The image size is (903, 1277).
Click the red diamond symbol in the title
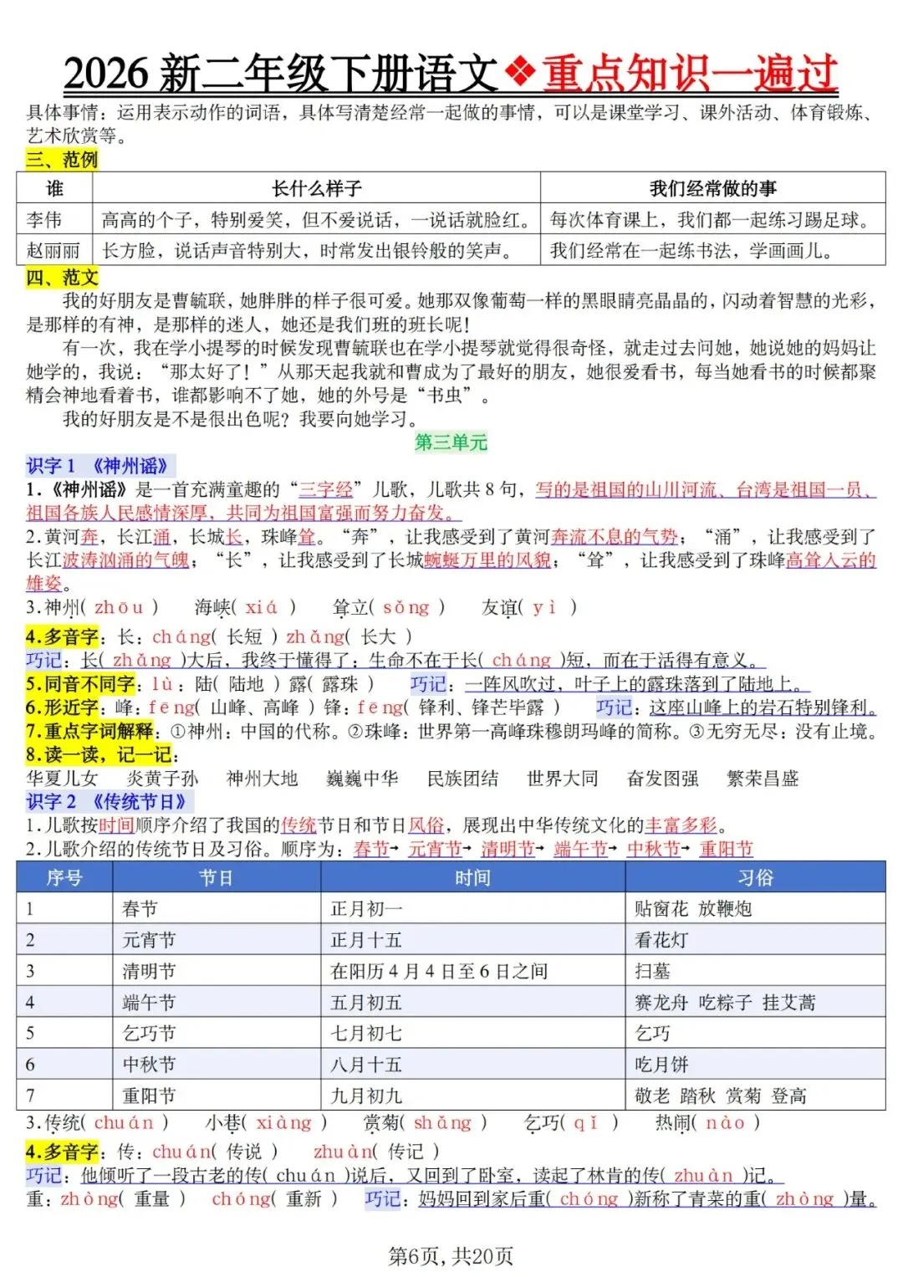click(x=521, y=73)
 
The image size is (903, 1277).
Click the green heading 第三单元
click(x=451, y=442)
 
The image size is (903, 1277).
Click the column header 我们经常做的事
click(x=712, y=188)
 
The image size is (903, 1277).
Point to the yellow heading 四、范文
click(x=62, y=277)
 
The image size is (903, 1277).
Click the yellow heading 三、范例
click(x=62, y=159)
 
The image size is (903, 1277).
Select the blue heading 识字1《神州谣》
click(x=99, y=466)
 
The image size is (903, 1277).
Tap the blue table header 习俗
click(x=755, y=877)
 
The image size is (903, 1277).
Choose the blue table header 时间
click(x=472, y=877)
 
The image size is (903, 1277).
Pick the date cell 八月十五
click(x=366, y=1065)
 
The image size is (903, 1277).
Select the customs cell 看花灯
click(x=661, y=940)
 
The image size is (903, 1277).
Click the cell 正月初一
click(x=366, y=909)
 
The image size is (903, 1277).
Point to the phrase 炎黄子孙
click(x=162, y=779)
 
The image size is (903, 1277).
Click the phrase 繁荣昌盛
click(x=763, y=779)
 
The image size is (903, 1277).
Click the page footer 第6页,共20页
click(x=451, y=1255)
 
